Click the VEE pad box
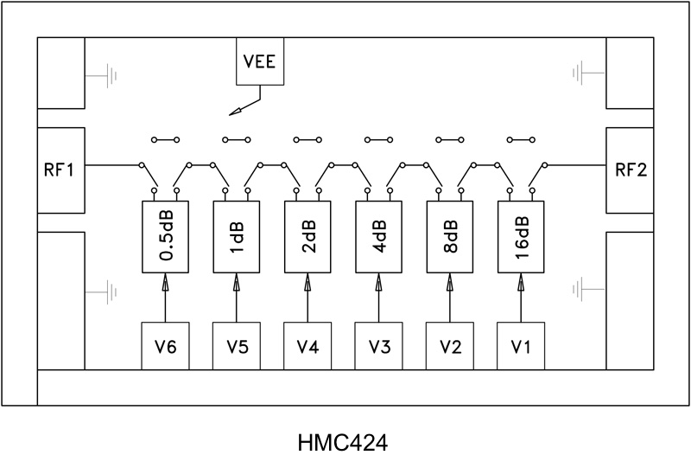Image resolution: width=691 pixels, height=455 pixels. tap(259, 62)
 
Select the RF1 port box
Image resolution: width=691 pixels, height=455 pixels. tap(60, 170)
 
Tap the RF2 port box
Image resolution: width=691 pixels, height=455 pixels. tap(630, 170)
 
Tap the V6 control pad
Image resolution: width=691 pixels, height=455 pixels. tap(165, 346)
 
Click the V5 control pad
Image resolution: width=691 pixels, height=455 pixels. tap(237, 346)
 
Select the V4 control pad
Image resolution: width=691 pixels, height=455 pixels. tap(307, 346)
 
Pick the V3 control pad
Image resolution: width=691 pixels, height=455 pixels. tap(379, 346)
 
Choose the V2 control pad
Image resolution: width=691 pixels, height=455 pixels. tap(450, 346)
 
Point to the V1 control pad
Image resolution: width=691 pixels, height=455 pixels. tap(522, 346)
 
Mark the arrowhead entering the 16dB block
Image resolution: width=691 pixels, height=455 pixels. tap(522, 282)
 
